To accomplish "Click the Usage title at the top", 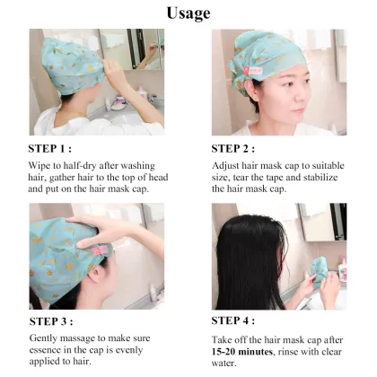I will [188, 13].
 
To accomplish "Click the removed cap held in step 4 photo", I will [320, 268].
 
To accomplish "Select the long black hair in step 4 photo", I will [251, 260].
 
